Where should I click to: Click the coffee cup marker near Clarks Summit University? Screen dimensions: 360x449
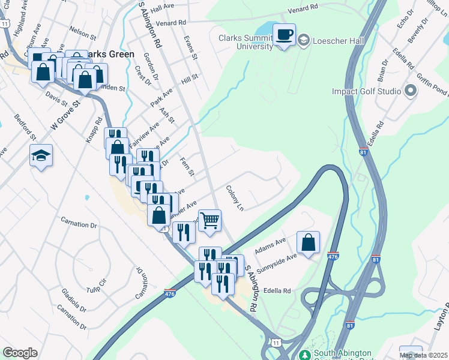click(285, 34)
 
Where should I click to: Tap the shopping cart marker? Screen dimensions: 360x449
click(210, 220)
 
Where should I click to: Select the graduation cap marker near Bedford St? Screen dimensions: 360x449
click(41, 155)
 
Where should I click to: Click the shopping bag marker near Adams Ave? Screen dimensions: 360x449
click(308, 242)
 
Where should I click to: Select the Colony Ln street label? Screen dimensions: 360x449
click(235, 198)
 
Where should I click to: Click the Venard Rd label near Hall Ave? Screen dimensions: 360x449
click(175, 23)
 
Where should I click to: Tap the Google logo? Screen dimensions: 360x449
click(20, 353)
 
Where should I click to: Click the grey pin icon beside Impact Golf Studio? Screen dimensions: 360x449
click(411, 91)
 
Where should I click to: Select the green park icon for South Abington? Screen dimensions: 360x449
click(306, 355)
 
